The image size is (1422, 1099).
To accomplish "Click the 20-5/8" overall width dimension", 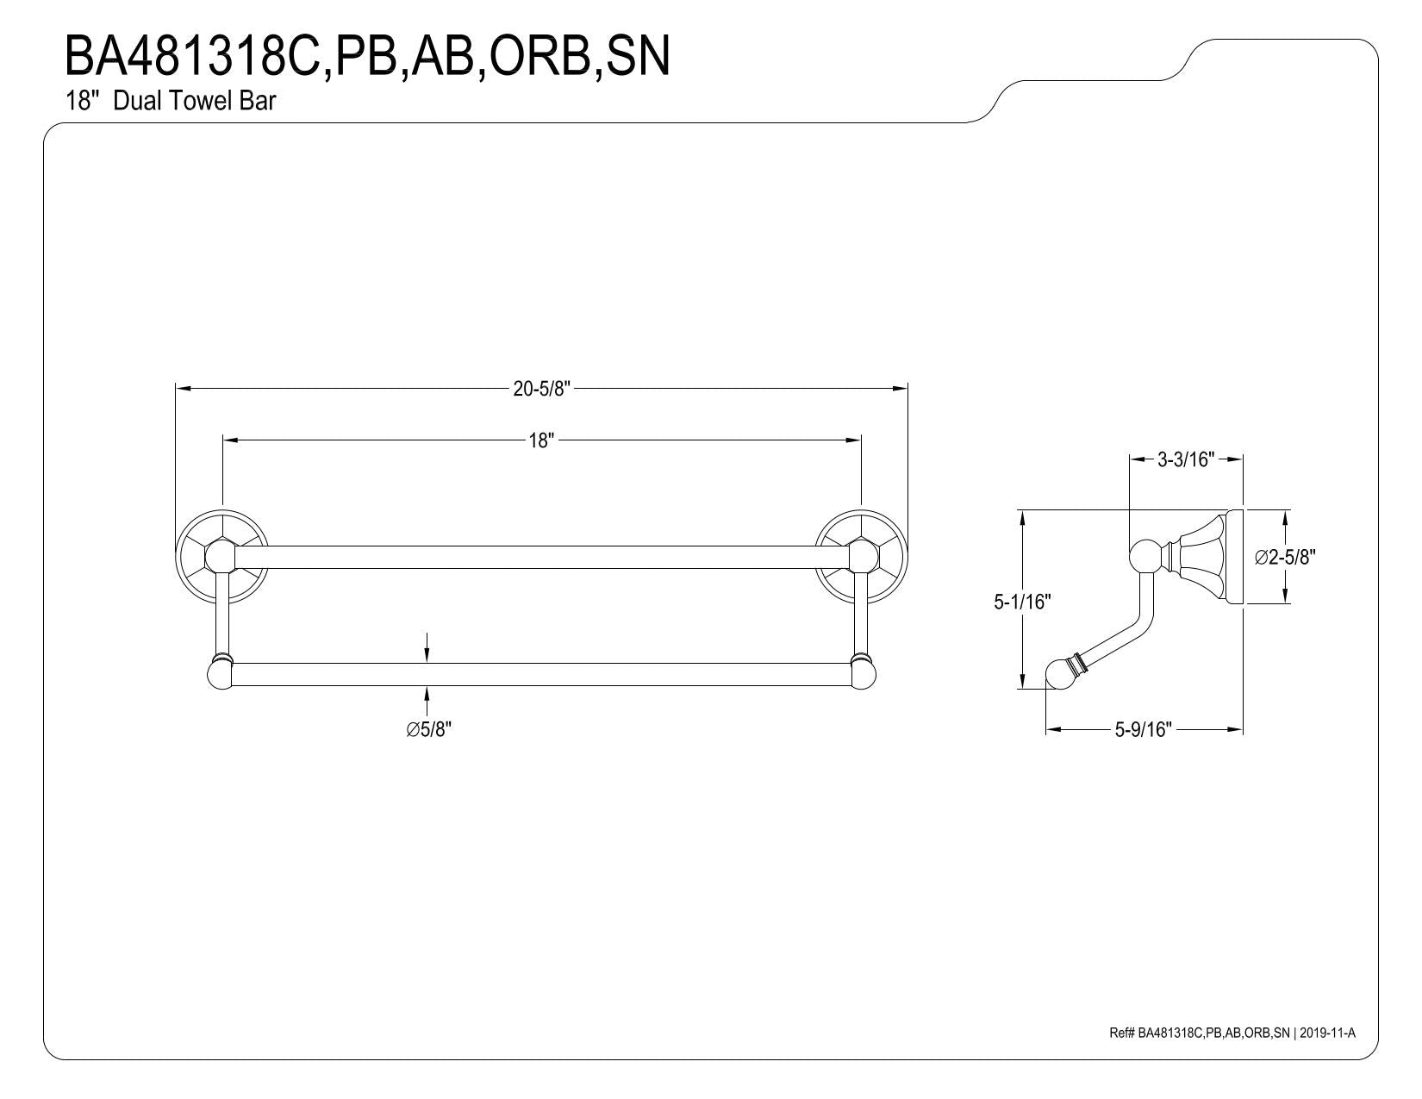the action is click(x=541, y=389).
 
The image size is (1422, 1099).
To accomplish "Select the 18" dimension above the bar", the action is click(x=541, y=440).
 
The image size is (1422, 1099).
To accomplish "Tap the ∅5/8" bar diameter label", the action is click(x=428, y=729).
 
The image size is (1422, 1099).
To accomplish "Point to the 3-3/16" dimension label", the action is click(x=1186, y=459).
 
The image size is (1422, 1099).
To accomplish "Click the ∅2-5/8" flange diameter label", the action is click(x=1285, y=557).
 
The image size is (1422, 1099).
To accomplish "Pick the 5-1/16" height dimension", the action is click(x=1022, y=602).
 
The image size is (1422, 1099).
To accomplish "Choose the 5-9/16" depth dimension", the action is click(x=1144, y=729).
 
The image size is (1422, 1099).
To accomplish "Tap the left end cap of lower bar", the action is click(x=220, y=674).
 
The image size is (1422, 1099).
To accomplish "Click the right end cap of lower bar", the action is click(x=864, y=674).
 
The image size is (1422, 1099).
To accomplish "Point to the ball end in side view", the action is click(x=1060, y=674).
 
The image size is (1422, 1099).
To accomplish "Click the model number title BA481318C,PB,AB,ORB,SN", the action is click(x=367, y=57).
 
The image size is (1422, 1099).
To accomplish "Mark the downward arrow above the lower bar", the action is click(x=427, y=647).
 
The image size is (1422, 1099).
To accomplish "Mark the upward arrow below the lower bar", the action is click(x=427, y=701).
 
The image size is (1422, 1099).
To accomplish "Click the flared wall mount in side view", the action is click(x=1204, y=557).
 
